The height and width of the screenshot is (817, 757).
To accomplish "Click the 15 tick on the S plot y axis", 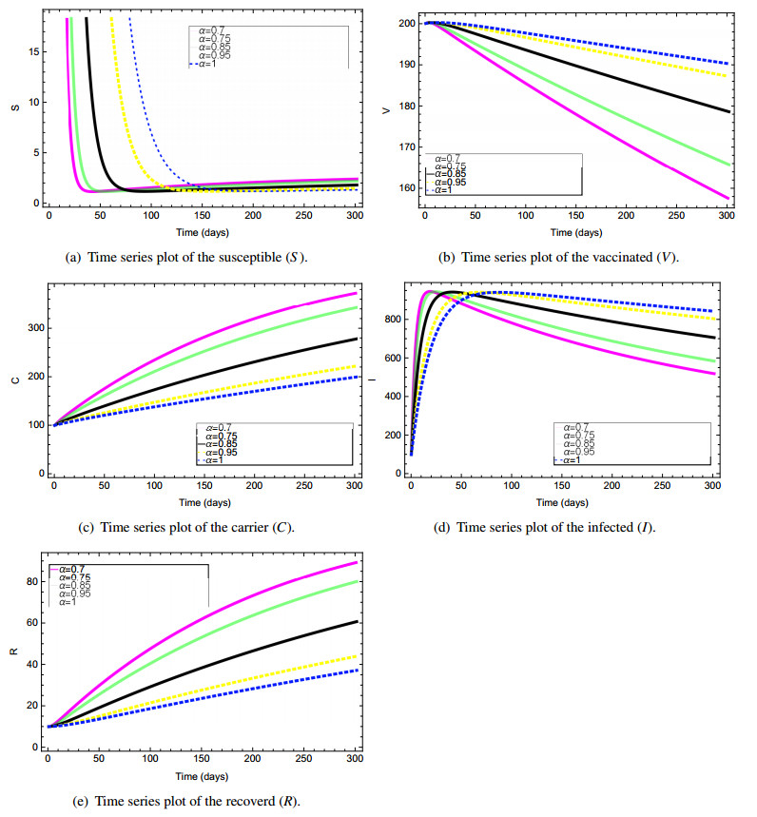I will coord(35,51).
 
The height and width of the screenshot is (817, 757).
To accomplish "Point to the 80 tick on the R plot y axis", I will coord(34,581).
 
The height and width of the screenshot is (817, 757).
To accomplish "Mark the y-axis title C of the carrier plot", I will coord(13,381).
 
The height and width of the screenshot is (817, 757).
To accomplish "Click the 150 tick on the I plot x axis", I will coord(563,488).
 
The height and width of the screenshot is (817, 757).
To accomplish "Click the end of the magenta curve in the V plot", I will coord(728,198).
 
